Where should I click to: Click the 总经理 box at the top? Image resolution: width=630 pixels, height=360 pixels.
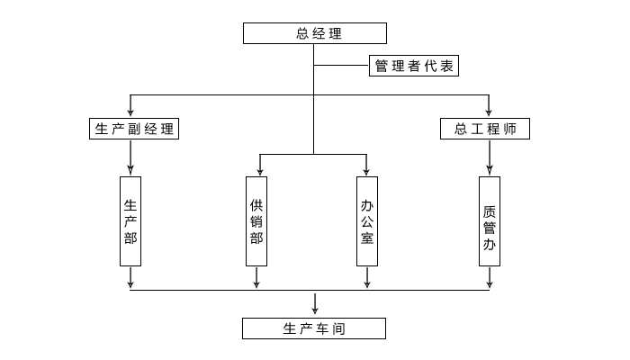pos(315,34)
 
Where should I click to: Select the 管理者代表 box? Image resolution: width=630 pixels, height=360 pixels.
pos(415,67)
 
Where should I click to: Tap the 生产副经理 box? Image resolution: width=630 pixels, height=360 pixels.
pos(133,129)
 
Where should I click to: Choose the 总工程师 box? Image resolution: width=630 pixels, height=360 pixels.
pos(485,129)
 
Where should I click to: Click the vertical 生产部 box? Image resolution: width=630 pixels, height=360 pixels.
pos(130,220)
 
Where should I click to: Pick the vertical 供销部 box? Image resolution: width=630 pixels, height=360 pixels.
pos(256,220)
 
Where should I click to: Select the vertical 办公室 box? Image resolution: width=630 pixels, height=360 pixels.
pos(366,220)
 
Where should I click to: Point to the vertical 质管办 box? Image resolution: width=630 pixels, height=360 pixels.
pos(490,220)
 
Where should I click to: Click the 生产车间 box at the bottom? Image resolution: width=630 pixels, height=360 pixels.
pos(314,328)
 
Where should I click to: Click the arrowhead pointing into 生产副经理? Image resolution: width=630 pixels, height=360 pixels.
pos(130,112)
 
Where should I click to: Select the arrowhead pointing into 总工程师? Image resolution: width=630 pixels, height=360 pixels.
pos(490,112)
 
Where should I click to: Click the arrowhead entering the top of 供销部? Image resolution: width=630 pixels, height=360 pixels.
pos(259,170)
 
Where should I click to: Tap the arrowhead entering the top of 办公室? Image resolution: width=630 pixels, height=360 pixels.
pos(366,170)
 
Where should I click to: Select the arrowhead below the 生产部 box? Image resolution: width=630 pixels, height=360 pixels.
pos(130,283)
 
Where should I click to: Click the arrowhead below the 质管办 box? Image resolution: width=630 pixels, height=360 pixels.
pos(490,283)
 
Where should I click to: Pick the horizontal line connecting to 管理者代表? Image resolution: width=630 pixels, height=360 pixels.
pos(341,67)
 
